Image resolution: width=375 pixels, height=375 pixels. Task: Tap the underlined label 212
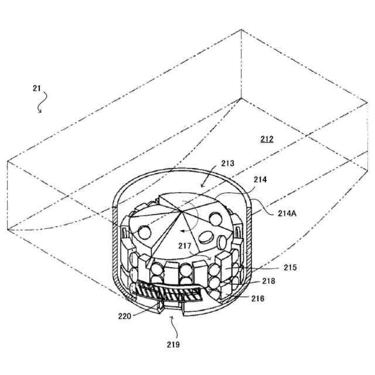267,139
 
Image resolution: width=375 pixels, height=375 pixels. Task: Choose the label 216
258,299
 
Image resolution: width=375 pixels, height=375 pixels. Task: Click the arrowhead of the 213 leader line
200,188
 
